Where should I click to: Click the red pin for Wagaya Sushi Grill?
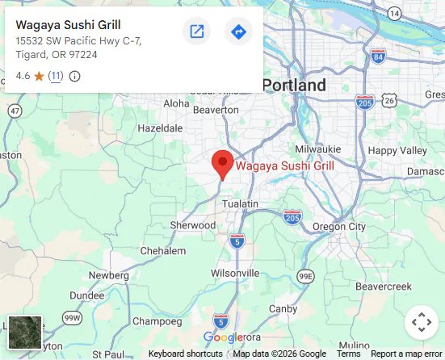pyautogui.click(x=223, y=163)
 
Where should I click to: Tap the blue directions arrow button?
pyautogui.click(x=238, y=31)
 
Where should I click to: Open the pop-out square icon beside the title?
pyautogui.click(x=196, y=31)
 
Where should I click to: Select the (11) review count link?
pyautogui.click(x=55, y=76)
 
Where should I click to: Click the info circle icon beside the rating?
pyautogui.click(x=75, y=76)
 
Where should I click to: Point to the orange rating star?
pyautogui.click(x=39, y=76)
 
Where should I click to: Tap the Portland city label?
pyautogui.click(x=294, y=86)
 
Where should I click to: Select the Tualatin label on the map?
pyautogui.click(x=240, y=204)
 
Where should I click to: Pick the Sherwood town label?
pyautogui.click(x=193, y=225)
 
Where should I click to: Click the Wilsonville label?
pyautogui.click(x=234, y=273)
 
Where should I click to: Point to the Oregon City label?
pyautogui.click(x=338, y=227)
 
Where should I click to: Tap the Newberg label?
pyautogui.click(x=108, y=275)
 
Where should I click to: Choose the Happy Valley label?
pyautogui.click(x=397, y=150)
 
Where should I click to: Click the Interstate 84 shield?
pyautogui.click(x=378, y=57)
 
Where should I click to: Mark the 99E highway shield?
pyautogui.click(x=305, y=276)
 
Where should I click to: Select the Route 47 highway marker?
pyautogui.click(x=15, y=111)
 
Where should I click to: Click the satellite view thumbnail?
pyautogui.click(x=24, y=333)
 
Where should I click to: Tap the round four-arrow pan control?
pyautogui.click(x=421, y=323)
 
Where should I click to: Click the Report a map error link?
pyautogui.click(x=407, y=354)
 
